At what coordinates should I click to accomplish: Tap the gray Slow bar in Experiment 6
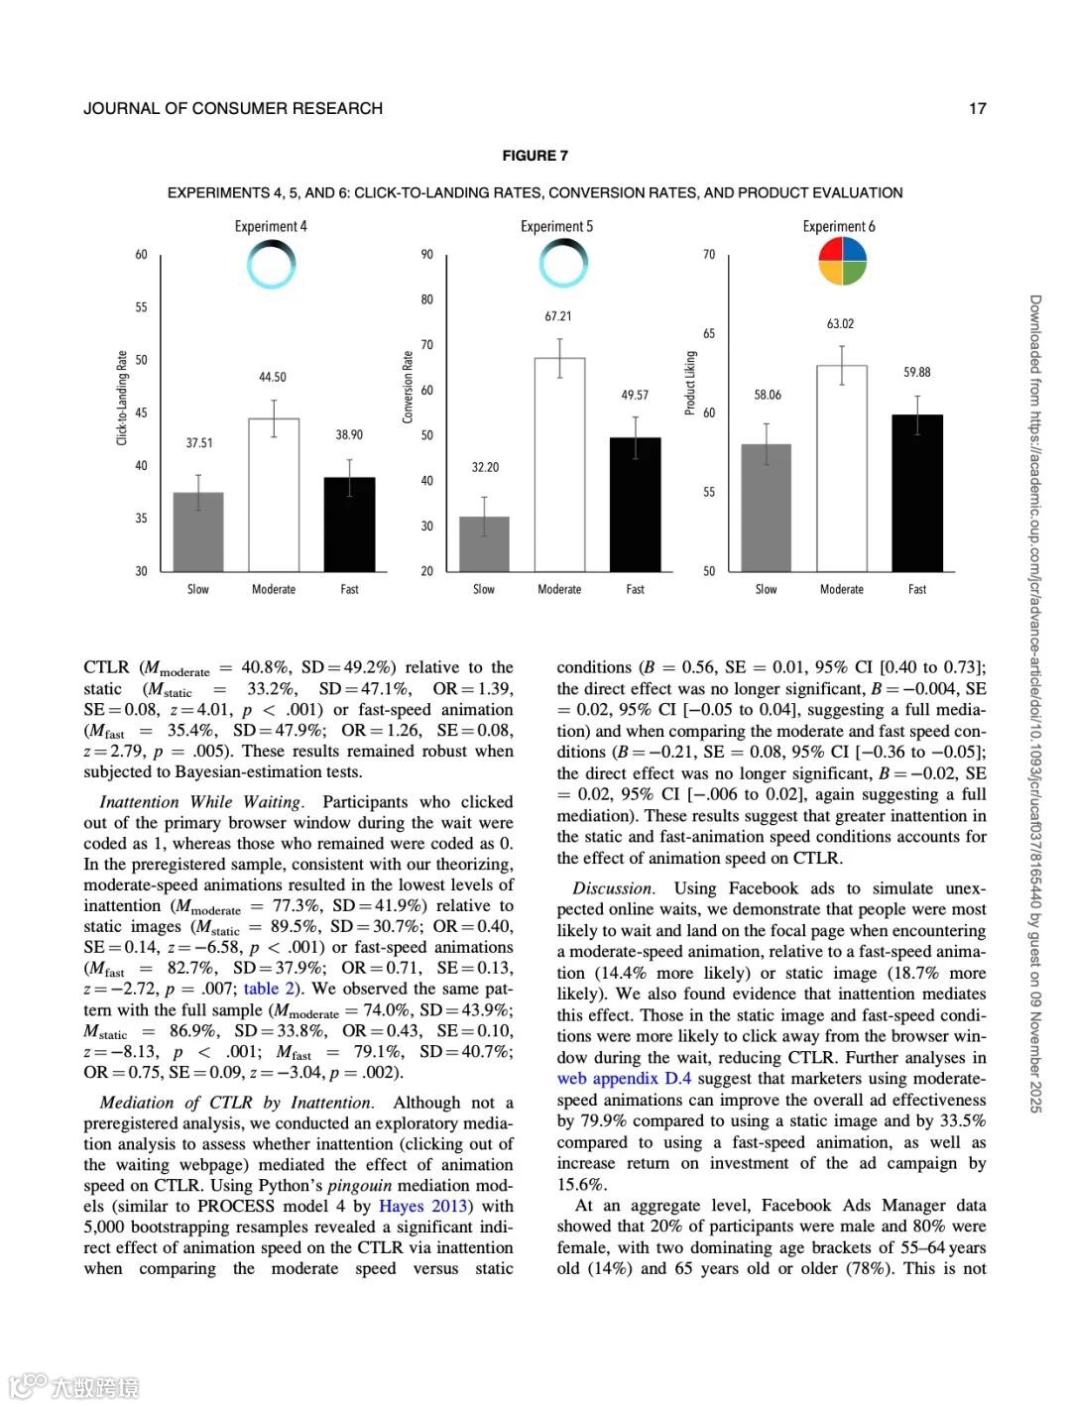tap(767, 507)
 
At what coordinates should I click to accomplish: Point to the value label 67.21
tap(558, 316)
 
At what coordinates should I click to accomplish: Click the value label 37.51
tap(199, 443)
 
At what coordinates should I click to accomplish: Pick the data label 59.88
tap(917, 372)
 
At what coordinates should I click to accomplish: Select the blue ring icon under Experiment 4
tap(271, 266)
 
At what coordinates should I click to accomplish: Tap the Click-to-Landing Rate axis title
tap(123, 398)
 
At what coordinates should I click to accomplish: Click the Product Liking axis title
tap(690, 383)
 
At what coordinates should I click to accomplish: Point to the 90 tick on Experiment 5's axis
tap(426, 255)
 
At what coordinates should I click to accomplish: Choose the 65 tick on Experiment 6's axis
tap(709, 333)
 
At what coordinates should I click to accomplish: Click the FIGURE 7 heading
tap(535, 156)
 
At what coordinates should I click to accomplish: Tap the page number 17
tap(978, 109)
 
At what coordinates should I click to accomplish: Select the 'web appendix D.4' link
tap(624, 1079)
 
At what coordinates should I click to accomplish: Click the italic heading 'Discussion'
tap(613, 888)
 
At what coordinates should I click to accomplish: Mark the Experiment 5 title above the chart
tap(556, 227)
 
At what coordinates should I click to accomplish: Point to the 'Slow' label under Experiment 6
tap(766, 589)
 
